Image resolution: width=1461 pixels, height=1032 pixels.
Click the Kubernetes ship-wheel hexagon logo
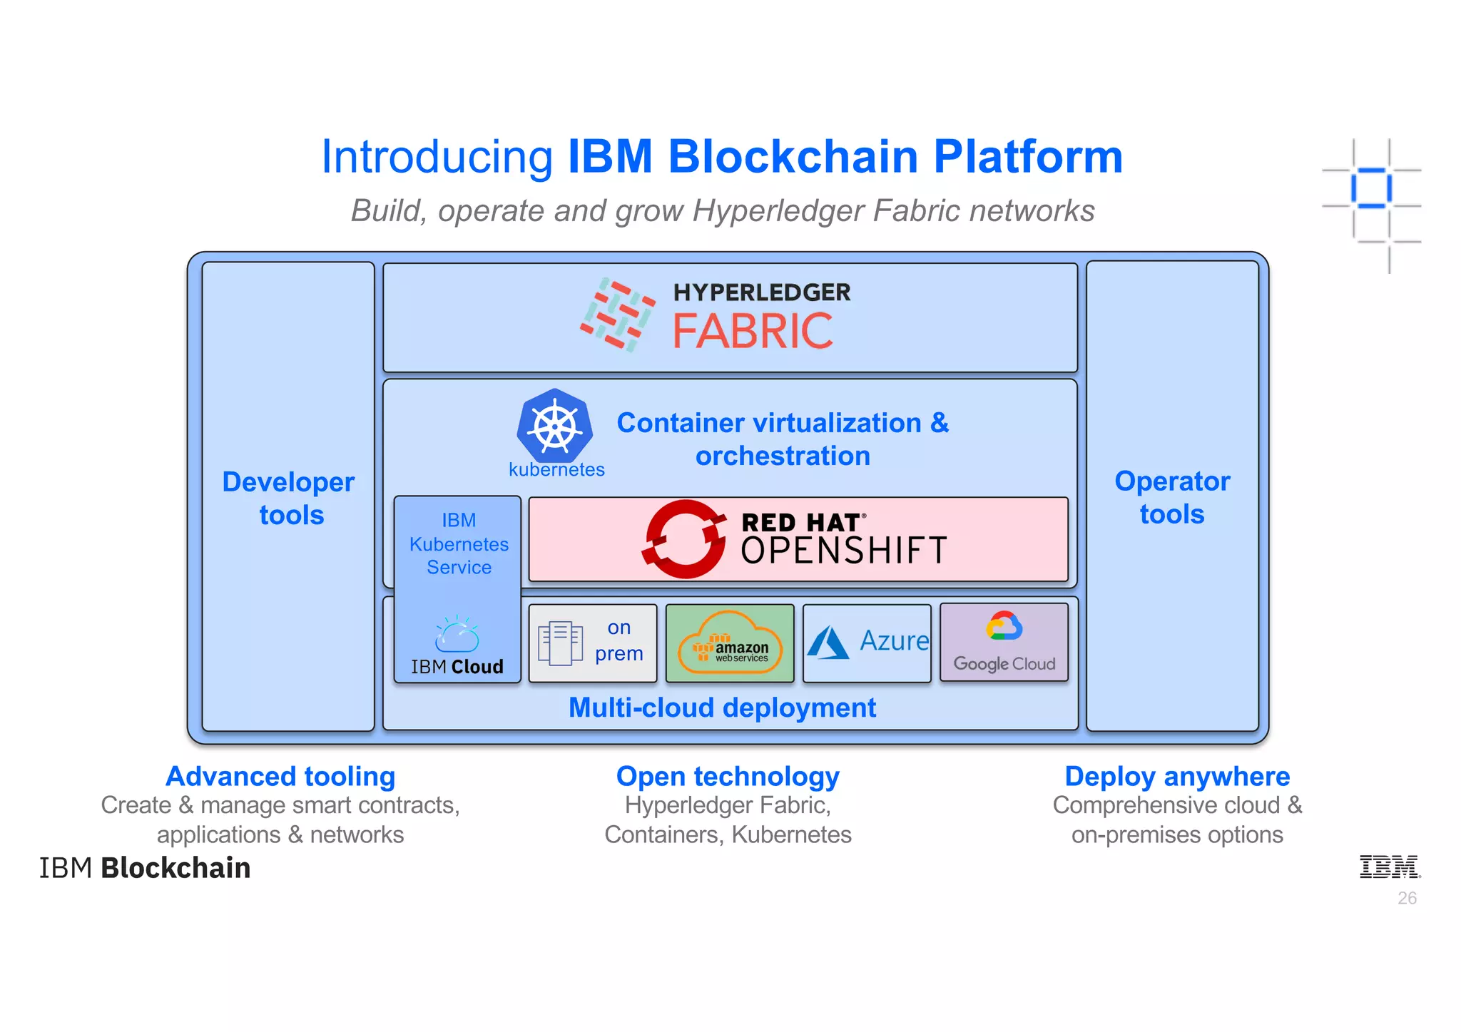click(555, 426)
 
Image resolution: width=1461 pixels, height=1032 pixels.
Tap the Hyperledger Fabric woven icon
click(617, 315)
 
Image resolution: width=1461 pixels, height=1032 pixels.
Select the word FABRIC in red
click(753, 332)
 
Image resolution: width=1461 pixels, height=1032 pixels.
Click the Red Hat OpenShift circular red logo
click(683, 539)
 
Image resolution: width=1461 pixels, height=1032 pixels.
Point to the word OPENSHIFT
click(844, 551)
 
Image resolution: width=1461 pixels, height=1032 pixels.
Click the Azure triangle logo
click(828, 643)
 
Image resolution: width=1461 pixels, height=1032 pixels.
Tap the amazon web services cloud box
click(730, 643)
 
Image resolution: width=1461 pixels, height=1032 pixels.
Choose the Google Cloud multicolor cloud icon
click(1004, 626)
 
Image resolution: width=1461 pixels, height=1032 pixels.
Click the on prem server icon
click(560, 643)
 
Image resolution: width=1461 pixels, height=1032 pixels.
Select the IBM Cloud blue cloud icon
click(457, 634)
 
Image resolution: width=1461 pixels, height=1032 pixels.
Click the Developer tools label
click(289, 498)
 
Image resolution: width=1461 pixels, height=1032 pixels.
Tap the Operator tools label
click(1172, 497)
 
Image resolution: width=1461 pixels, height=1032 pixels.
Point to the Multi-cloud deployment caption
click(722, 707)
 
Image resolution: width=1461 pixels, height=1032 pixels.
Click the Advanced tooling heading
click(280, 776)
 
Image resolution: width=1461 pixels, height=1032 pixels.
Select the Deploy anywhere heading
click(1177, 776)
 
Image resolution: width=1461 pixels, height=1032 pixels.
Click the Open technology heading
click(728, 776)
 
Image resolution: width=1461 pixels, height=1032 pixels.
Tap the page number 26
click(1407, 898)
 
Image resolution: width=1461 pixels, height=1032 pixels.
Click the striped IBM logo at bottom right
click(1389, 867)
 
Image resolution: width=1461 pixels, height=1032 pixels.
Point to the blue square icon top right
click(1371, 188)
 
